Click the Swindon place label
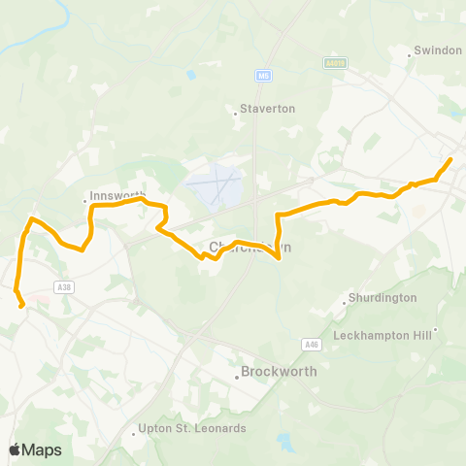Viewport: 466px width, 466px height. coord(438,50)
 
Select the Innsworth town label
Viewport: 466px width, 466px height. coord(116,195)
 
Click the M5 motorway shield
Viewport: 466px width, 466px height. coord(263,75)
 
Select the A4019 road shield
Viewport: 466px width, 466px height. coord(336,61)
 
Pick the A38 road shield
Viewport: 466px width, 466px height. coord(65,287)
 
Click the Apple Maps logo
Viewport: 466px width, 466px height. coord(35,449)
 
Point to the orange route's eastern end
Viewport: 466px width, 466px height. coord(450,158)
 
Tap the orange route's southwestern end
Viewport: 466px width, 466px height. coord(21,306)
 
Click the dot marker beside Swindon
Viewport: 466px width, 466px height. coord(410,56)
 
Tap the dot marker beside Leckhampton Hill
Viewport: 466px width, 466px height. coord(436,329)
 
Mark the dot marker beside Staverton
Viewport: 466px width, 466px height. coord(236,115)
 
